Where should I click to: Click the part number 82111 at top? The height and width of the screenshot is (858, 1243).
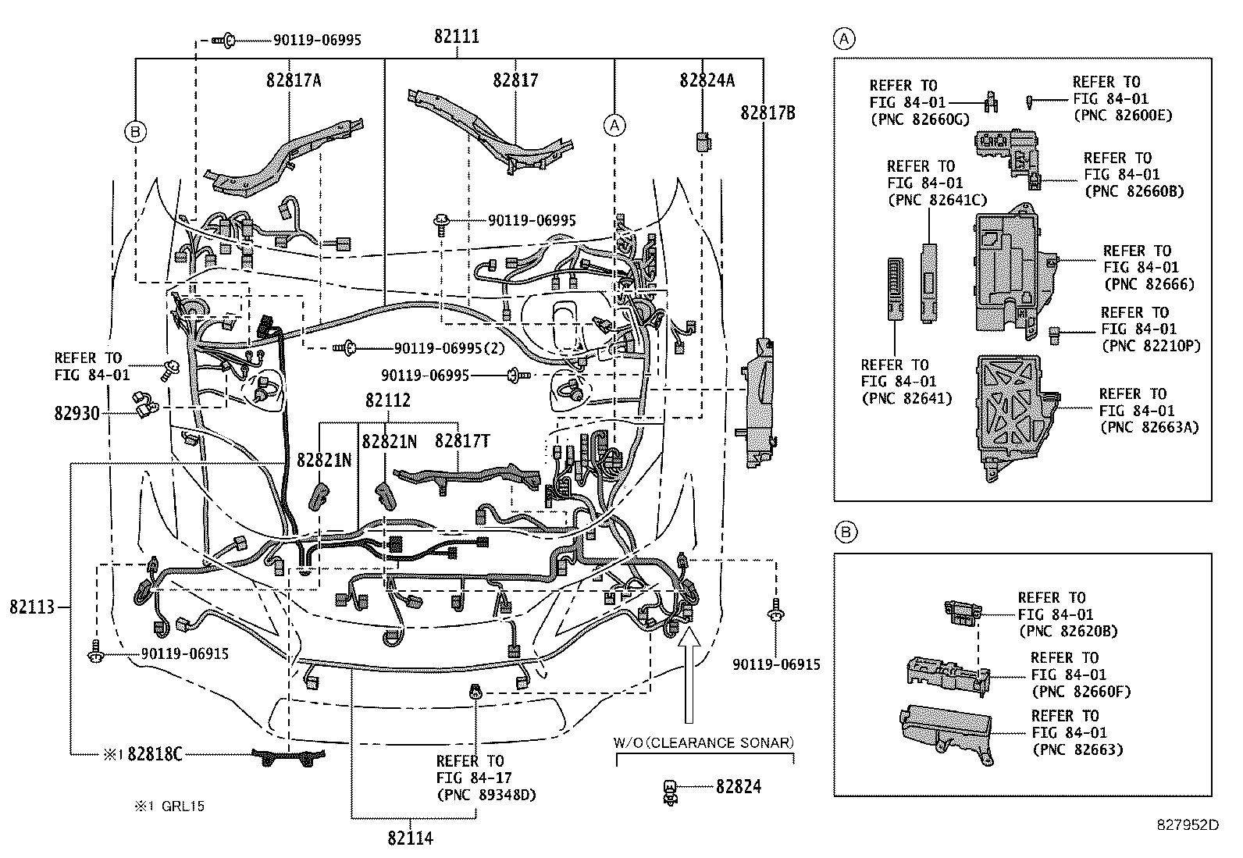(458, 37)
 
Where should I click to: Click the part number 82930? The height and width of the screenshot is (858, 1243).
(77, 413)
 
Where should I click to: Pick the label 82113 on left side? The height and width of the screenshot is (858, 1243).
(32, 607)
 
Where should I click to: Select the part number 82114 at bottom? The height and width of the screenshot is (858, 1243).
(410, 838)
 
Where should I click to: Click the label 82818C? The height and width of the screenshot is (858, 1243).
(155, 754)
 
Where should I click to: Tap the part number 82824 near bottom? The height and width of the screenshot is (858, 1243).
(739, 787)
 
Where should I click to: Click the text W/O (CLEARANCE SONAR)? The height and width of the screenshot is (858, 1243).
(703, 742)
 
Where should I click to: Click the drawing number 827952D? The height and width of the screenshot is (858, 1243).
(1188, 824)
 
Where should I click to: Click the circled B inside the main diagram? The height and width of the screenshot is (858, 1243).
(135, 132)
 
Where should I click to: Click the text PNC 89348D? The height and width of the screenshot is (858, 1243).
(475, 795)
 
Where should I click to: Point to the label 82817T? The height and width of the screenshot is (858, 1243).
(462, 441)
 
